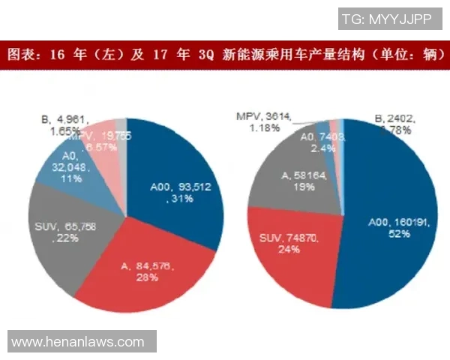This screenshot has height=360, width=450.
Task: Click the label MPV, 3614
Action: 262,116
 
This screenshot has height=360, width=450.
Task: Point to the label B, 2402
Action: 394,118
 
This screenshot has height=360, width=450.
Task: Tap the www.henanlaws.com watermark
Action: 78,342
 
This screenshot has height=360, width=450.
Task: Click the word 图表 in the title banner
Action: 20,55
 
